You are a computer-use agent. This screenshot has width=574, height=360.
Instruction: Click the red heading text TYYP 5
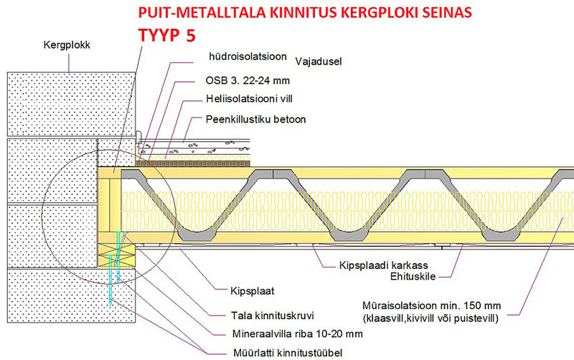(167, 35)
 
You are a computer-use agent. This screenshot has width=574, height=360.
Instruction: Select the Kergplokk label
(67, 45)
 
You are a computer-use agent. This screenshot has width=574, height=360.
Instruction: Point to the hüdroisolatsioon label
(248, 57)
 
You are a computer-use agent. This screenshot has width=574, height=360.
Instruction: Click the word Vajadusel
(319, 62)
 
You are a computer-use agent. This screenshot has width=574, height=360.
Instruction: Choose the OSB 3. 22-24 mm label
(248, 80)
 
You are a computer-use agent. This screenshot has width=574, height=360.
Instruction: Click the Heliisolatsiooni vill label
(249, 99)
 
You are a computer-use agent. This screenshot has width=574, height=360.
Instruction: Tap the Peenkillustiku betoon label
(256, 119)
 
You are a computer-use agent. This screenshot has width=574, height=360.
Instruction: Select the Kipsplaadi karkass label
(384, 265)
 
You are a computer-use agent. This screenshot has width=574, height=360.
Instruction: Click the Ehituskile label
(413, 276)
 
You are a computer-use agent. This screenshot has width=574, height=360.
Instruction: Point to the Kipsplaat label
(253, 291)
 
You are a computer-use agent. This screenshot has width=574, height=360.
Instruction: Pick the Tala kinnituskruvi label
(273, 316)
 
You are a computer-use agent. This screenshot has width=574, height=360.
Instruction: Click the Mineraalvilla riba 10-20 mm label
(298, 333)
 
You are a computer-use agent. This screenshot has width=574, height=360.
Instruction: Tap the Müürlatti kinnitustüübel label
(288, 353)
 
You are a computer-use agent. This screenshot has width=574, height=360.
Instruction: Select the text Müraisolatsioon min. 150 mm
(432, 305)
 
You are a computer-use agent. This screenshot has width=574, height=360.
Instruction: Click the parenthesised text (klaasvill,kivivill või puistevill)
(431, 318)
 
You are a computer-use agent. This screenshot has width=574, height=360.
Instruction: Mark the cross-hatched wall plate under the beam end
(116, 255)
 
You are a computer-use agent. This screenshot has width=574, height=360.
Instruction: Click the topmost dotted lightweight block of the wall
(71, 104)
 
